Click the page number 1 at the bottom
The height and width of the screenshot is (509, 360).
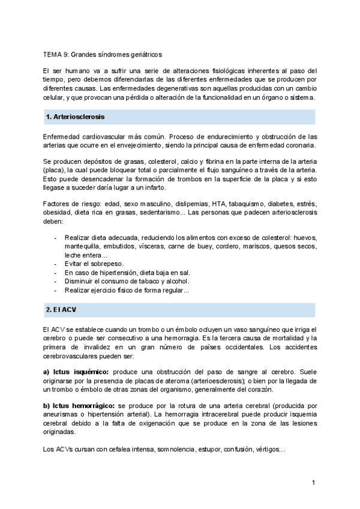click(x=313, y=483)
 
